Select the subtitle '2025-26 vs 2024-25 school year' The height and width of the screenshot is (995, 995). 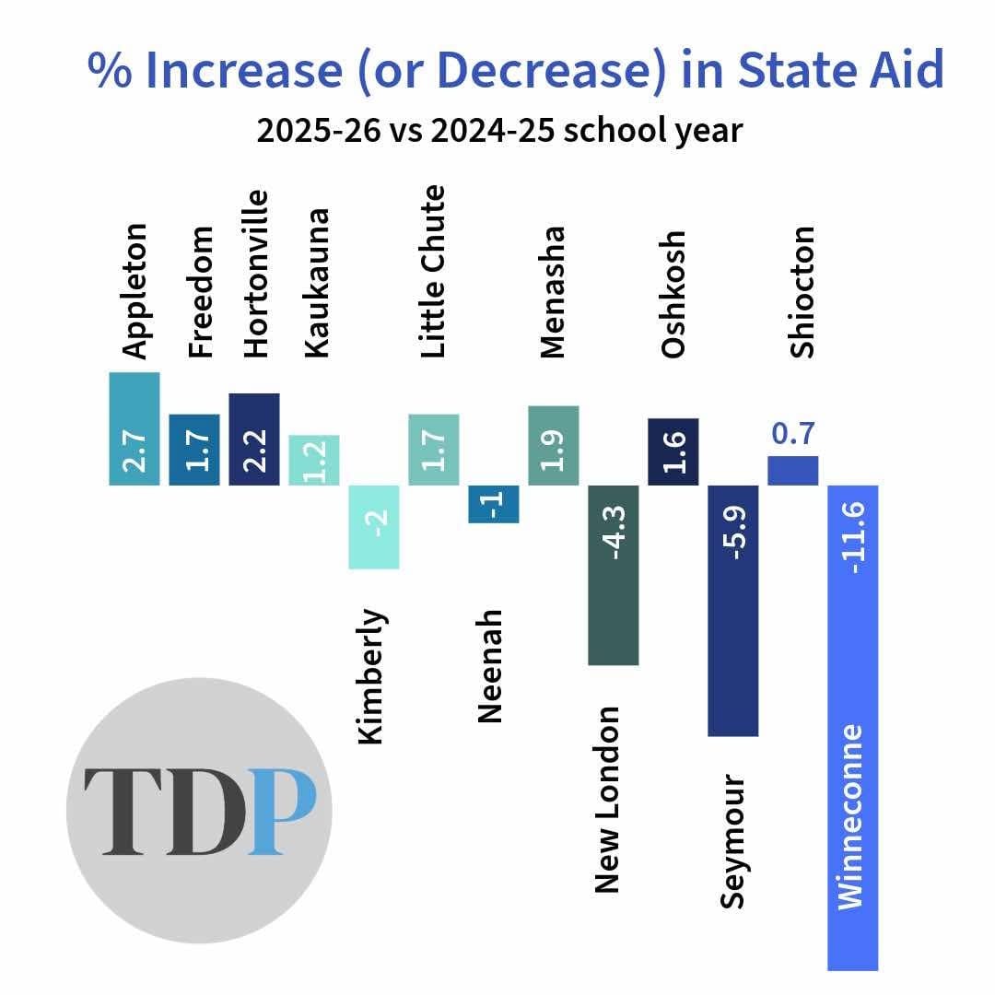pos(498,130)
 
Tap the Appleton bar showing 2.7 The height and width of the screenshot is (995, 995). pos(135,428)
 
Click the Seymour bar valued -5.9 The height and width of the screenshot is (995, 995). pos(733,610)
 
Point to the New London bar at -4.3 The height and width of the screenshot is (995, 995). pos(614,574)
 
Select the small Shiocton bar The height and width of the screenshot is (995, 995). pos(792,470)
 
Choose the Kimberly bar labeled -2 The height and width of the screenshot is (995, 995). pos(374,526)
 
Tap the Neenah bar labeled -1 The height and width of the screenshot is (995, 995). pos(494,503)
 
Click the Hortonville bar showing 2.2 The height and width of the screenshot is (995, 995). pos(254,439)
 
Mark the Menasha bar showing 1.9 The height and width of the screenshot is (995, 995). pos(553,445)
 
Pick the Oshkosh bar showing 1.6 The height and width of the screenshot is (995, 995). pos(673,451)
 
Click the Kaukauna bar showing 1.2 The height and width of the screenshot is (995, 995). pos(314,460)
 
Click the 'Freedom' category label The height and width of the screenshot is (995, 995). pos(200,291)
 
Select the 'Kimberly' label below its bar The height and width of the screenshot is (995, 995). pos(372,675)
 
